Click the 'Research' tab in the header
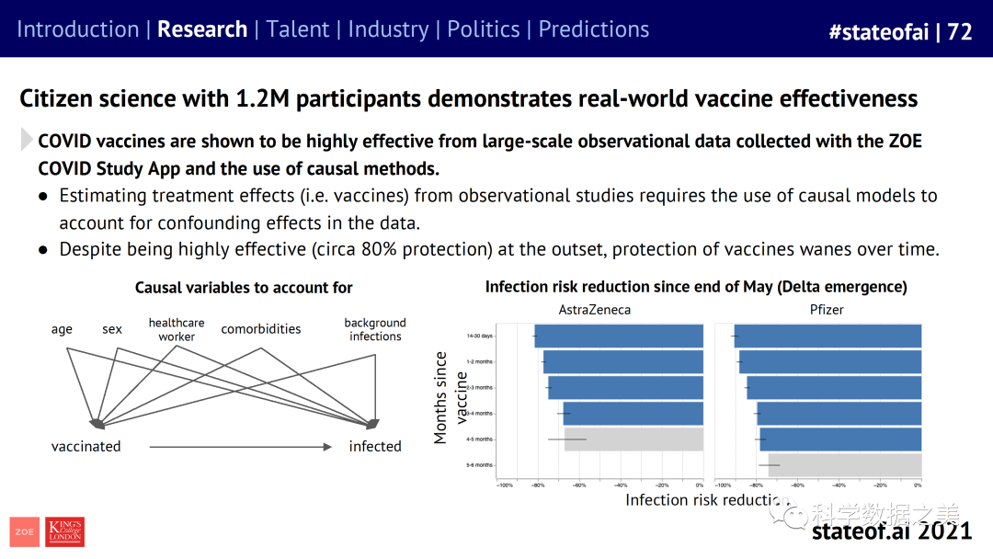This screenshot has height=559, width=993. click(202, 29)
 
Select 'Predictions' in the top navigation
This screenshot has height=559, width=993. click(594, 29)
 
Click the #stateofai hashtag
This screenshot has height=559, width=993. click(879, 31)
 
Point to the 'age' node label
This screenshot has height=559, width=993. click(62, 329)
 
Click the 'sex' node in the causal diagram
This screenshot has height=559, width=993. click(112, 329)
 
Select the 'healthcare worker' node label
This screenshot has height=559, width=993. click(177, 330)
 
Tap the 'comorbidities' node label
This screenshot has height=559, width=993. click(261, 329)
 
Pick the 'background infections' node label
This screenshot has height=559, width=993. click(375, 329)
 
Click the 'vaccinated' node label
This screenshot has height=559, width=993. click(86, 447)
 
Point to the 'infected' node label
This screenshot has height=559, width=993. click(375, 447)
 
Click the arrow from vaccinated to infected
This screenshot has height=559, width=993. click(239, 448)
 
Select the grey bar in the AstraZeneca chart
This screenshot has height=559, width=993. click(634, 439)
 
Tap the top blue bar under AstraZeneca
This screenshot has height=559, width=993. click(620, 337)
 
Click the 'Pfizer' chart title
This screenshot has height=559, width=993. click(827, 310)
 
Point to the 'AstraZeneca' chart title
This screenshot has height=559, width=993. click(595, 310)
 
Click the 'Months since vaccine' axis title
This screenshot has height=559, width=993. click(451, 397)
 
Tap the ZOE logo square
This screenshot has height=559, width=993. click(25, 531)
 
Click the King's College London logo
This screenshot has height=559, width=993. click(64, 531)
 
